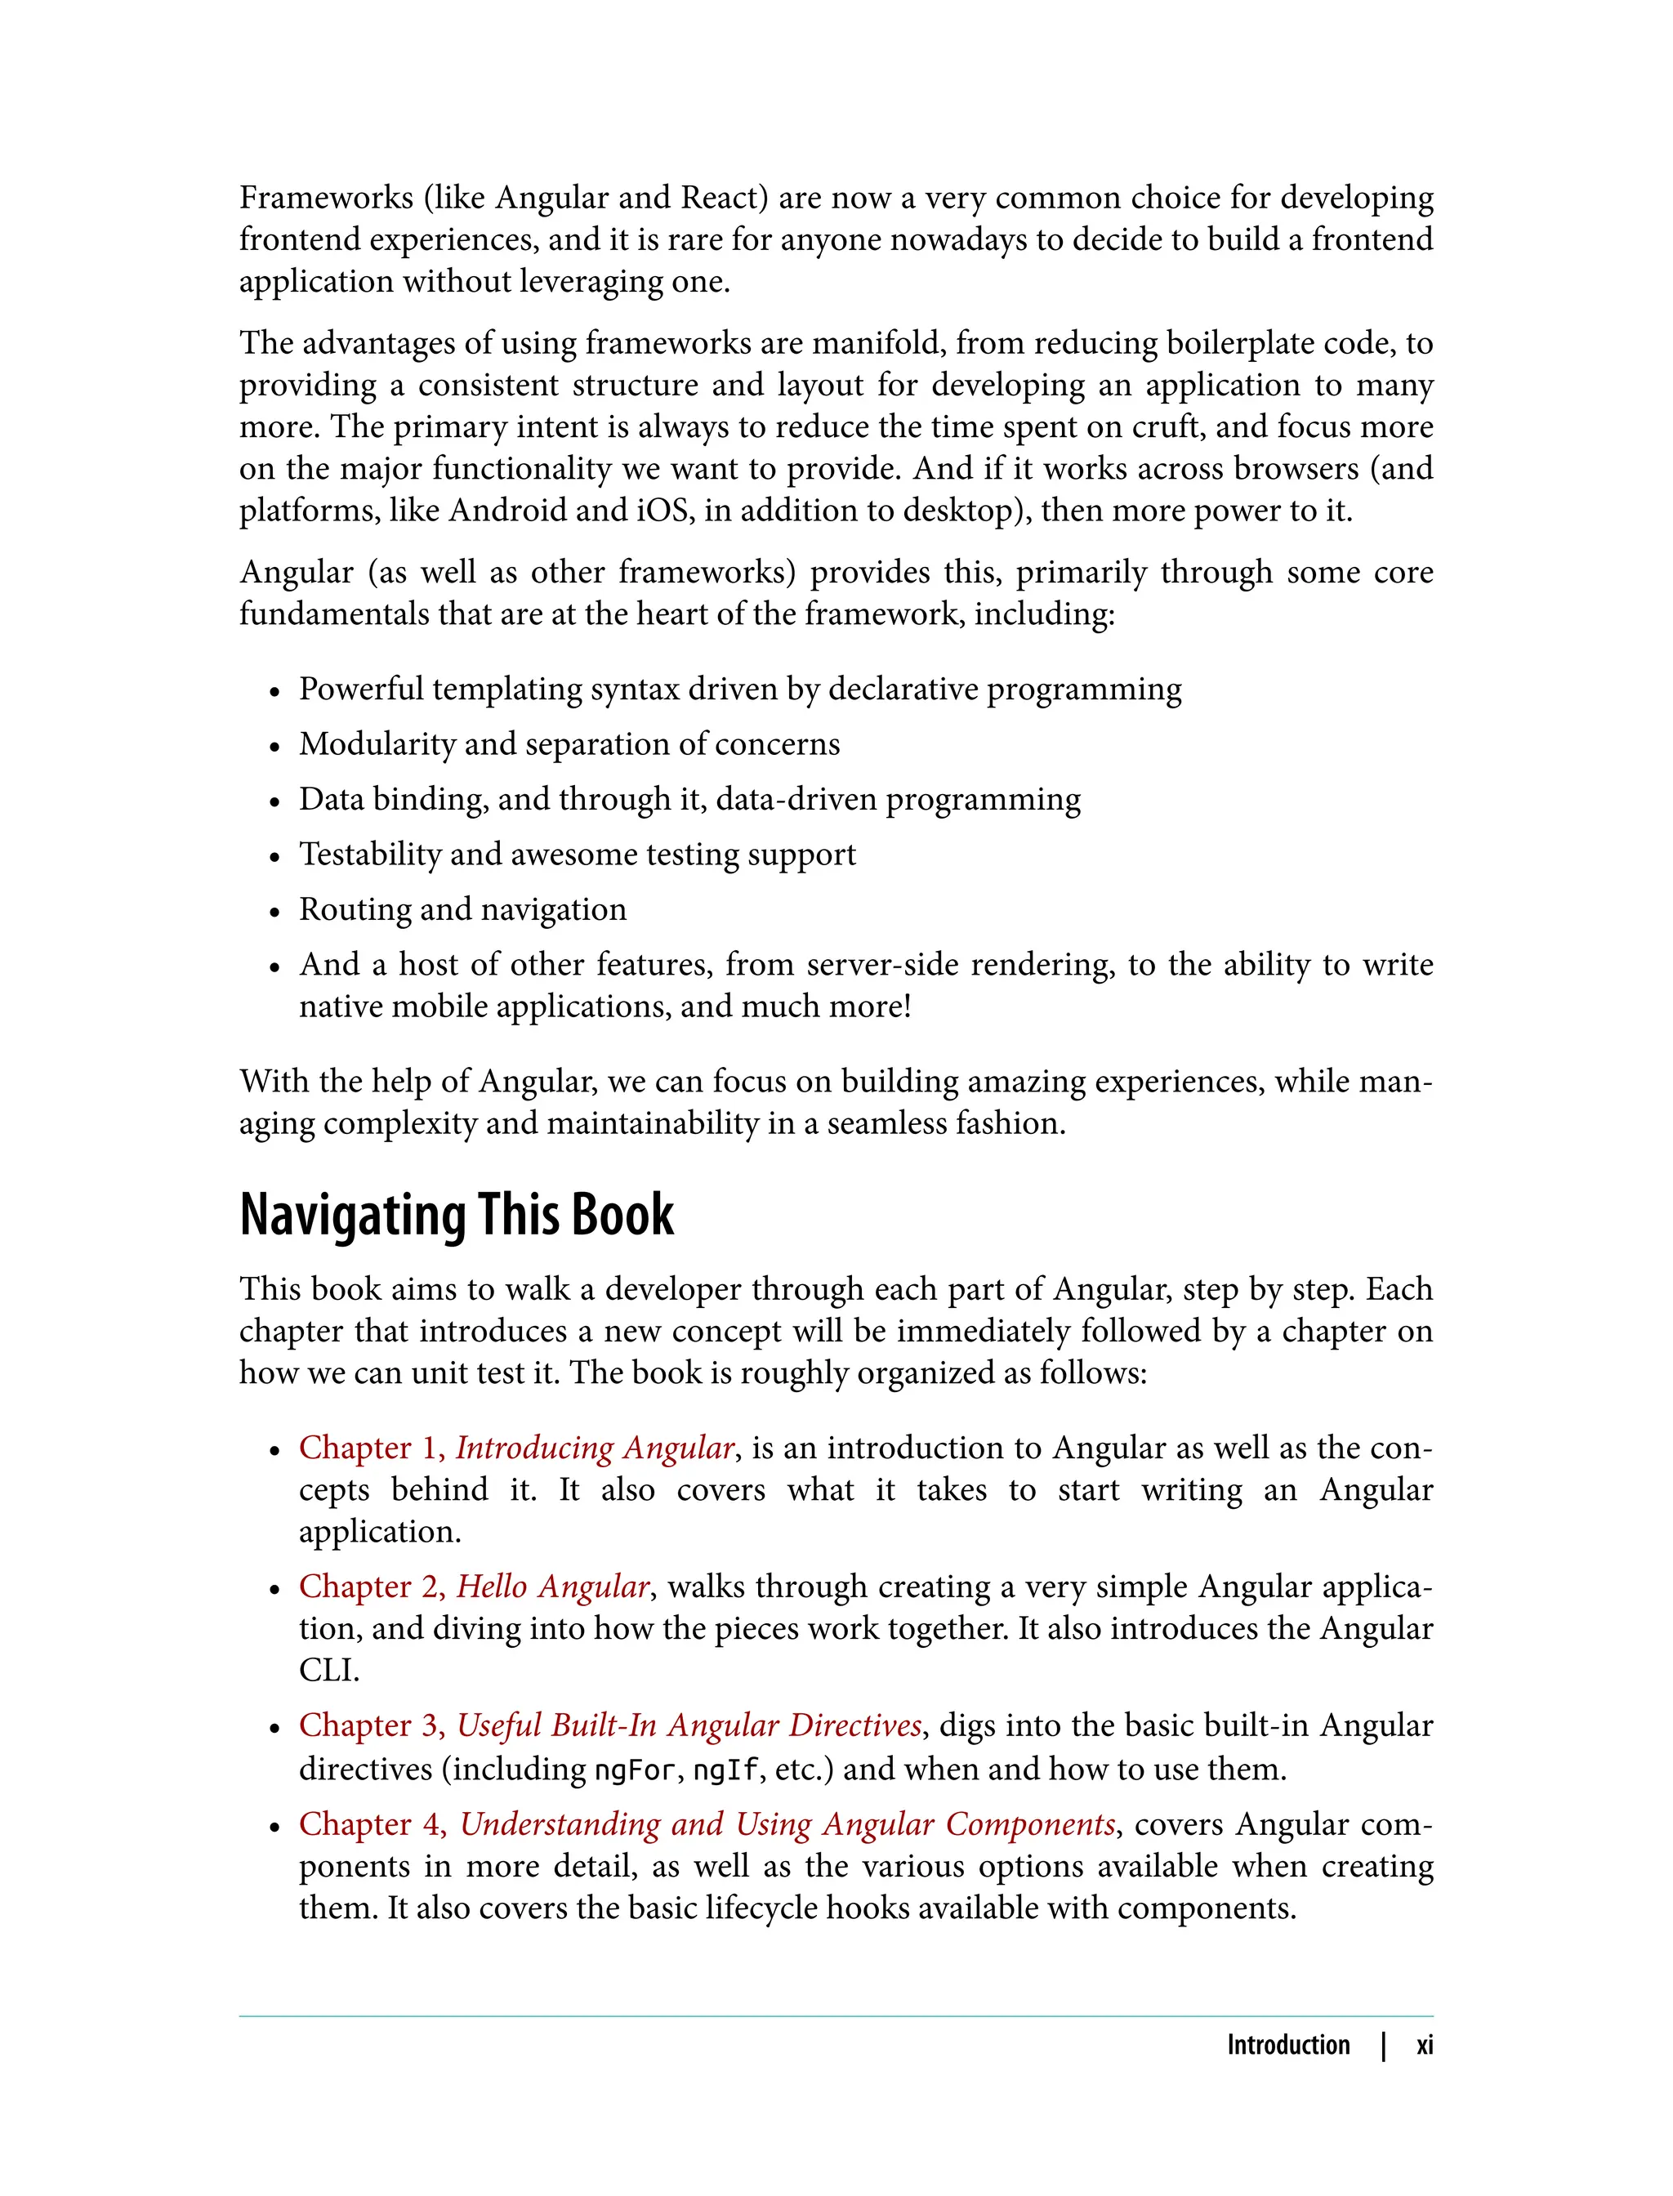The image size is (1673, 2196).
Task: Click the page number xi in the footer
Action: [1424, 2045]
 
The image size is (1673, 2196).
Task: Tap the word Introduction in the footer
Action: [1287, 2045]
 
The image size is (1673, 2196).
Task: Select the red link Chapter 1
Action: [369, 1448]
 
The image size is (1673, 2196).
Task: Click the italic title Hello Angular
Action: [553, 1587]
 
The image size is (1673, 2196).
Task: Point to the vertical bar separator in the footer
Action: [1383, 2045]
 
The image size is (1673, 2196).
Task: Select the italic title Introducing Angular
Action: [596, 1448]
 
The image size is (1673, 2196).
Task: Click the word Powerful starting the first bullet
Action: [360, 690]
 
